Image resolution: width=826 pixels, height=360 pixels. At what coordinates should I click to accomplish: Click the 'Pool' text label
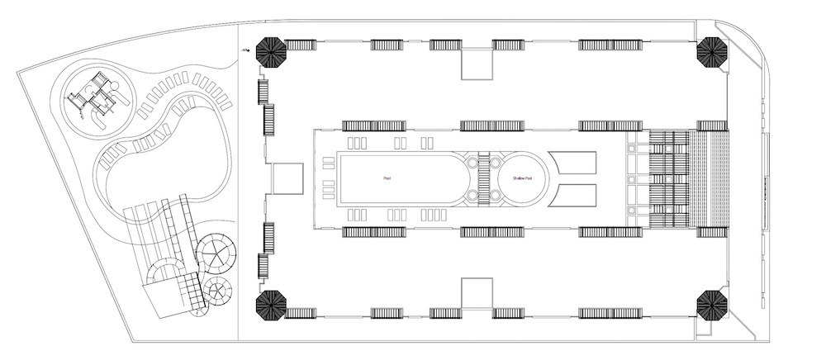click(387, 178)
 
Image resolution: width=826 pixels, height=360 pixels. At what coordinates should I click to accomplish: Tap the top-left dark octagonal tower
click(271, 52)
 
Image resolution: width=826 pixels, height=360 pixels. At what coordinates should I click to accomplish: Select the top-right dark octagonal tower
click(712, 53)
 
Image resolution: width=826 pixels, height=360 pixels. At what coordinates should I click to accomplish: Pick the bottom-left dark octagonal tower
click(271, 306)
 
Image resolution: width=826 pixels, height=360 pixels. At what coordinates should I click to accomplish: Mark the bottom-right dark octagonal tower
click(712, 306)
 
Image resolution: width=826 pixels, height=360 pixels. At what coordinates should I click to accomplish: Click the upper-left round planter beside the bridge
click(472, 163)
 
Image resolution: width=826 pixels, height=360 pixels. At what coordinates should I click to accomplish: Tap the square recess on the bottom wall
click(476, 292)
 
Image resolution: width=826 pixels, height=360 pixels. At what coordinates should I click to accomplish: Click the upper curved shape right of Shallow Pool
click(572, 163)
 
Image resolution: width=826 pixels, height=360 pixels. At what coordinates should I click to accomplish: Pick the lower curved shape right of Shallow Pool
click(572, 195)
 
